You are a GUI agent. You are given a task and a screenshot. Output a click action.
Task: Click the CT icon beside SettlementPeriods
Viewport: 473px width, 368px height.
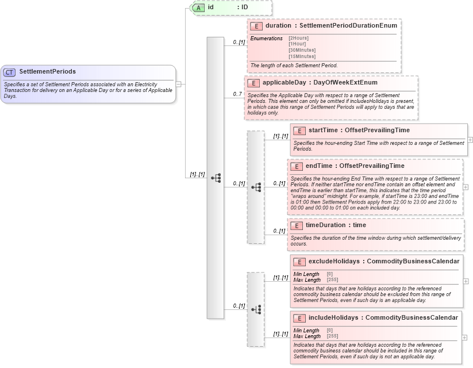10,72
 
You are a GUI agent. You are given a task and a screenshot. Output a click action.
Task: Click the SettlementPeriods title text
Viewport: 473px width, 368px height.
47,72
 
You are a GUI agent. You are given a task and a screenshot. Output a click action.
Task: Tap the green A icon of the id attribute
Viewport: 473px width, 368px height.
198,7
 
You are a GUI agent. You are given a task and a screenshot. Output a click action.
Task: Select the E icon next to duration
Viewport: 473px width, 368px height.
256,26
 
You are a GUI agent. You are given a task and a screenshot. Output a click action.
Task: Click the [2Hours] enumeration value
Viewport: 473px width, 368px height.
298,38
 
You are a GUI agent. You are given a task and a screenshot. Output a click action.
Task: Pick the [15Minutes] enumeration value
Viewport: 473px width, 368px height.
302,56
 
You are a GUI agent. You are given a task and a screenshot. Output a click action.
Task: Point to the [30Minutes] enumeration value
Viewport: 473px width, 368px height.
302,50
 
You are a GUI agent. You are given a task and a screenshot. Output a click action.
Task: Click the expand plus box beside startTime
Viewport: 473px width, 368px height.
470,140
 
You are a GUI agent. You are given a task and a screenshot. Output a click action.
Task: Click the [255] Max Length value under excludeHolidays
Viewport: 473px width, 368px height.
332,280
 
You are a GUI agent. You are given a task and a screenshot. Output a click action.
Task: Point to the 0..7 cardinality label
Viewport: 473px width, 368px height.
237,94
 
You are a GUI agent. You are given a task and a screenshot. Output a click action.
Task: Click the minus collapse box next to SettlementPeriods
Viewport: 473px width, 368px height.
179,84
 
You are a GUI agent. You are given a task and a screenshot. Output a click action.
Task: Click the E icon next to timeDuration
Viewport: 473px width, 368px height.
297,225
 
